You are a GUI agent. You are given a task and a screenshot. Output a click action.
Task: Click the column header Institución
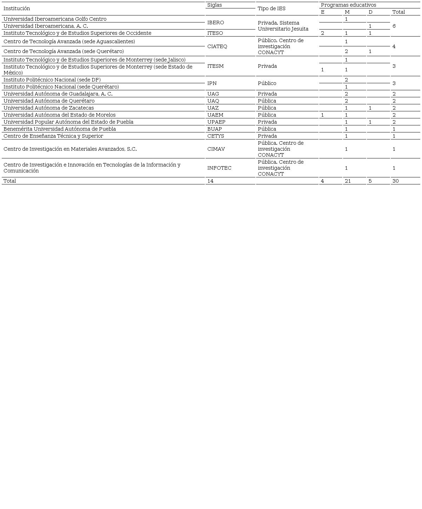coord(17,8)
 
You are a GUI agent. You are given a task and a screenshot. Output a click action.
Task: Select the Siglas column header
coord(215,5)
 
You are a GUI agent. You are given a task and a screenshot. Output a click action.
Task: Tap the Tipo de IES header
coord(272,8)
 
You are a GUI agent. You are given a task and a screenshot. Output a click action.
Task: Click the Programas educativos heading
coord(348,5)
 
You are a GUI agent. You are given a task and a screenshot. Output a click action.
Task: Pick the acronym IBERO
coord(215,22)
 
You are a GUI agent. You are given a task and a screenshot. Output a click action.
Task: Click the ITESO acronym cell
coord(215,33)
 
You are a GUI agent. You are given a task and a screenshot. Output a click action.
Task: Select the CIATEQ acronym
coord(217,46)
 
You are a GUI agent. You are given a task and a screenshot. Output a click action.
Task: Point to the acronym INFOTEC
coord(219,168)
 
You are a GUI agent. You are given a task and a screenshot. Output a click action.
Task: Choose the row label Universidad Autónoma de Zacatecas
coord(49,108)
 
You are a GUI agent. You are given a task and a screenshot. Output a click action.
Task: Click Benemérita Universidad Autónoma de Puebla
coord(60,129)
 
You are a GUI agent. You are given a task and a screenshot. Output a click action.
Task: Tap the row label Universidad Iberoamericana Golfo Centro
coord(55,19)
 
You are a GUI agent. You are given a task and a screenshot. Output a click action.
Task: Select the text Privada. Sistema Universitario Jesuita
coord(283,26)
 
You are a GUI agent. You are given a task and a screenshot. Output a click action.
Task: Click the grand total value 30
coord(396,181)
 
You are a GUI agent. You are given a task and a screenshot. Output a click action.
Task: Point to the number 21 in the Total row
coord(348,181)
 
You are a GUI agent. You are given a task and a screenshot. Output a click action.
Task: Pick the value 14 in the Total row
coord(210,181)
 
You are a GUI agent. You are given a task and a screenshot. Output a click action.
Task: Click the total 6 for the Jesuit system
coord(394,26)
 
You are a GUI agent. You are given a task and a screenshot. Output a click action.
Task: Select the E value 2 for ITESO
coord(323,33)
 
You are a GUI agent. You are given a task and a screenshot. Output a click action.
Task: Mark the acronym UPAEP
coord(216,122)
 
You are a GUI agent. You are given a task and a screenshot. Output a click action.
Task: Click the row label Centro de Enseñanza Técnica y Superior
coord(53,136)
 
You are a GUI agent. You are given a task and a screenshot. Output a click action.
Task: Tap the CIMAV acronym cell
coord(216,149)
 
